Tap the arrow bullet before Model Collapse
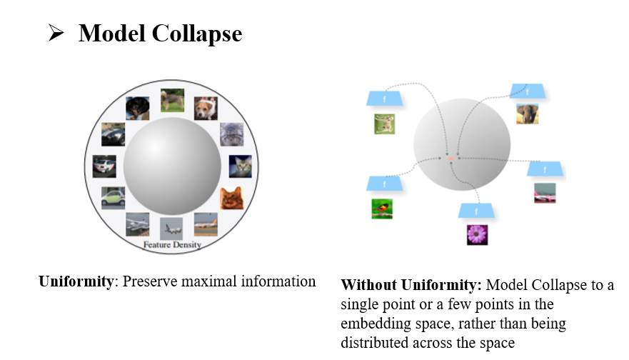(56, 33)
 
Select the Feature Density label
(172, 244)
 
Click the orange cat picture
(231, 197)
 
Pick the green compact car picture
(113, 196)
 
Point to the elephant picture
(528, 114)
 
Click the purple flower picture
(477, 234)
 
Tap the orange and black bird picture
(382, 208)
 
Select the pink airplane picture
(545, 193)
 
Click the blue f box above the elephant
(528, 91)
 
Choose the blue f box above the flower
(477, 211)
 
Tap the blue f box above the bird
(382, 184)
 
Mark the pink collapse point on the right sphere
(451, 161)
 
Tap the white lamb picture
(384, 124)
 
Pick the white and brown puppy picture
(206, 109)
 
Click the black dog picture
(137, 109)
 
